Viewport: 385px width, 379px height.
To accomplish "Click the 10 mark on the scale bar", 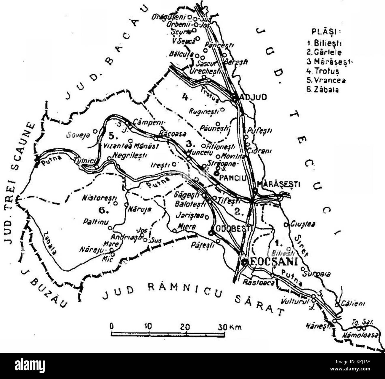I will [147, 327].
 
